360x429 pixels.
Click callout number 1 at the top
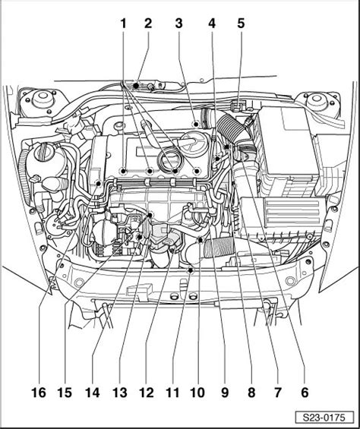point(124,24)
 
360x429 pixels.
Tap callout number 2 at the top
point(148,24)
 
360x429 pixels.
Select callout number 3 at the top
point(178,24)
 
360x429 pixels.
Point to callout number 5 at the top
point(241,24)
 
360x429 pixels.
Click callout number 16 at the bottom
point(39,393)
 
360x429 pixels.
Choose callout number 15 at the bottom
point(65,393)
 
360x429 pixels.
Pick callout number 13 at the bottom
point(120,393)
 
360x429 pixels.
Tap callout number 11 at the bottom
point(172,393)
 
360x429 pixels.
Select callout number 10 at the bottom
point(197,393)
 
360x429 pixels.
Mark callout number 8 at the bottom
point(251,393)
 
